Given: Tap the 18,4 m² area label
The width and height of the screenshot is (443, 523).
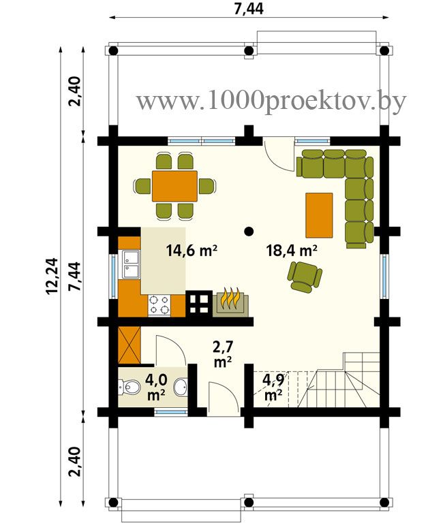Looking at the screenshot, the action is pos(292,250).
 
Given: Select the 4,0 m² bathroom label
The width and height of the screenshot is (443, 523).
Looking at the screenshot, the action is pos(156,386).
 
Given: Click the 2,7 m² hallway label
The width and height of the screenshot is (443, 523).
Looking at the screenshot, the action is pos(223,354).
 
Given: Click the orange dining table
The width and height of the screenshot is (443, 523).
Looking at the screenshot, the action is pos(174,186).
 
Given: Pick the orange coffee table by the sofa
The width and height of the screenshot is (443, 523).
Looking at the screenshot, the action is pos(319,215).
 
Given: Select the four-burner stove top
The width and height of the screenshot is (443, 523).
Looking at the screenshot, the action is pos(159,305).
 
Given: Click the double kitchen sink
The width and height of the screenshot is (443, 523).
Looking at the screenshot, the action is pos(131,264).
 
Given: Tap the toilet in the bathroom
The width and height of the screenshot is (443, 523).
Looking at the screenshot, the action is pos(129,387).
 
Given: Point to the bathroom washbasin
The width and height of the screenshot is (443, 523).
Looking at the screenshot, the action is pos(181,387).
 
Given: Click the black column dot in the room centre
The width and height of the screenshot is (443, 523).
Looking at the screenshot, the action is pos(248,231).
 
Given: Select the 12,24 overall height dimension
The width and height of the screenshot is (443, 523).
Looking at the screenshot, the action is pos(52,276).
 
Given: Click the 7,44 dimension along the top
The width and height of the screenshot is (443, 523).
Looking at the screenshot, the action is pos(249,9).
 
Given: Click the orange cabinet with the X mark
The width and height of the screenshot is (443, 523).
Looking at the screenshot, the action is pos(129,345).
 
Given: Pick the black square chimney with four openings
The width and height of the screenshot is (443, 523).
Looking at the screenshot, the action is pos(199,303).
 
